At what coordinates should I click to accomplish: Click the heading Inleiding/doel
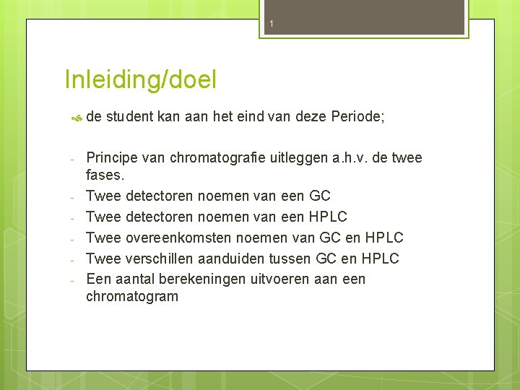pyautogui.click(x=140, y=79)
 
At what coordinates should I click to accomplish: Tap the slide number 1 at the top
pyautogui.click(x=272, y=25)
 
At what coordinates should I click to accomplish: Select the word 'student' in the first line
pyautogui.click(x=129, y=118)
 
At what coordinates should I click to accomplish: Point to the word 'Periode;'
pyautogui.click(x=357, y=118)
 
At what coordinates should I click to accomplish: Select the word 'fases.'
pyautogui.click(x=105, y=175)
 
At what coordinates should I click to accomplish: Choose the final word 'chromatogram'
pyautogui.click(x=132, y=297)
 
